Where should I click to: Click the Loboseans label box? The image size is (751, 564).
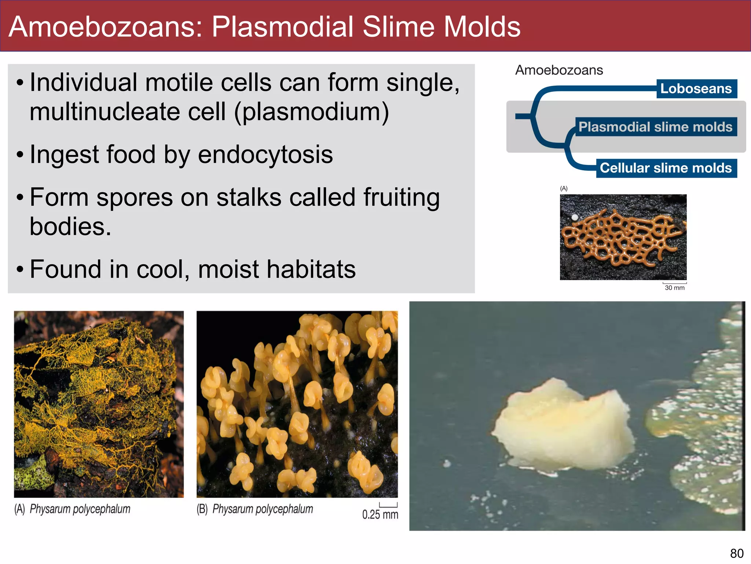(696, 88)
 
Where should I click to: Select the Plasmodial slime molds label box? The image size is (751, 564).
(656, 127)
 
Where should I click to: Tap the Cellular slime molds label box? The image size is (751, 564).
(666, 168)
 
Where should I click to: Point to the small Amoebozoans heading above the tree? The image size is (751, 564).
(559, 70)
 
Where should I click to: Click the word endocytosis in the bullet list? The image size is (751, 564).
(265, 154)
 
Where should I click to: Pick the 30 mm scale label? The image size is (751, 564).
(675, 288)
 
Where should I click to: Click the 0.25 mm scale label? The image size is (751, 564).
(380, 514)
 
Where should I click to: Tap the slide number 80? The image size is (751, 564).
(737, 553)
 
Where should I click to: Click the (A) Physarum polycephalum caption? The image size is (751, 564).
(73, 509)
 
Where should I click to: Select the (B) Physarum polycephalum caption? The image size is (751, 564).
(255, 509)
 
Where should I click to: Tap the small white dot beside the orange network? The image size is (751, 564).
(575, 217)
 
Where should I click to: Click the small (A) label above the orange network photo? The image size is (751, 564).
(564, 188)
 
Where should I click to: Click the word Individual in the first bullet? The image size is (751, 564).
(84, 82)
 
